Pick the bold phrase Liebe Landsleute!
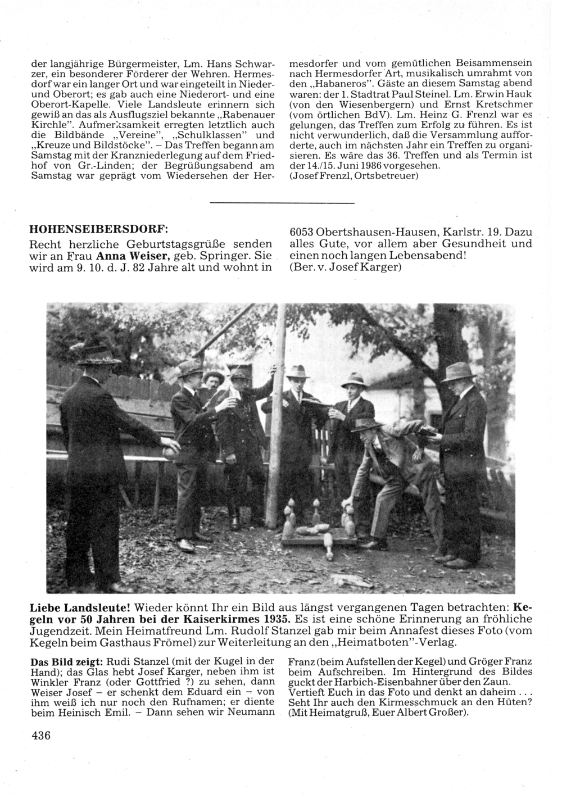click(80, 609)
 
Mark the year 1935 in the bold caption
click(275, 620)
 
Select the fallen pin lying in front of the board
click(328, 542)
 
